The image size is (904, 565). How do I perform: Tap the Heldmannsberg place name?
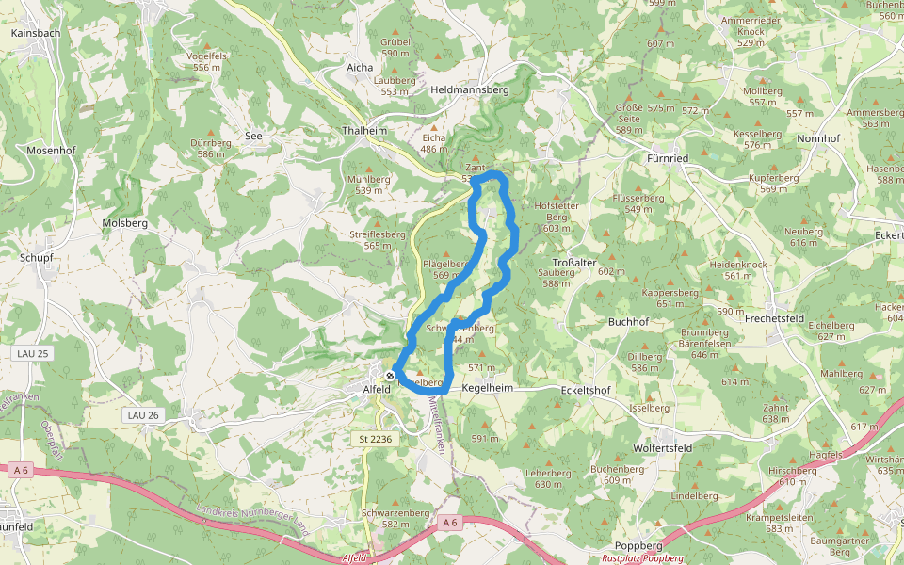(469, 90)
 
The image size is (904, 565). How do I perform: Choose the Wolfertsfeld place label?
(663, 448)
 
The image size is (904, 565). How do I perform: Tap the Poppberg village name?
(639, 546)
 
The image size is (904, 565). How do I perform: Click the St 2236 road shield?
(376, 439)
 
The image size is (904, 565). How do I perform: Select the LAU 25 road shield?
(34, 353)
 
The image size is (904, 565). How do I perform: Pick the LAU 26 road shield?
(142, 415)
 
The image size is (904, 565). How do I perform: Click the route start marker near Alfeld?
(390, 377)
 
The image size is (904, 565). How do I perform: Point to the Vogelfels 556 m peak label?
(206, 61)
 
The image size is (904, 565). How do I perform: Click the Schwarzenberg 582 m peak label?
(395, 519)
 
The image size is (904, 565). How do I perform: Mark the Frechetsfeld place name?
(776, 319)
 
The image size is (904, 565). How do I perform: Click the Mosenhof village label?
(51, 151)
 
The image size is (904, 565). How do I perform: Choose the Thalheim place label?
(365, 131)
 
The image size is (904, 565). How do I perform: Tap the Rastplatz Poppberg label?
(642, 558)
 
